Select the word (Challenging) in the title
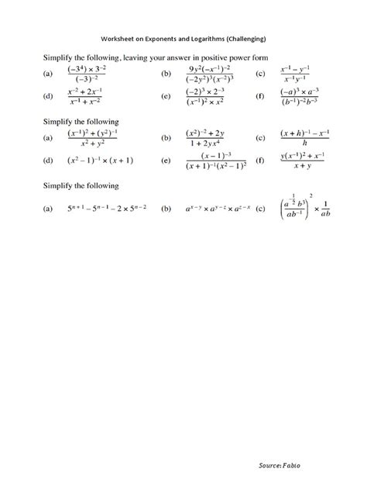coord(247,38)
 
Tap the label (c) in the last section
coord(260,209)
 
